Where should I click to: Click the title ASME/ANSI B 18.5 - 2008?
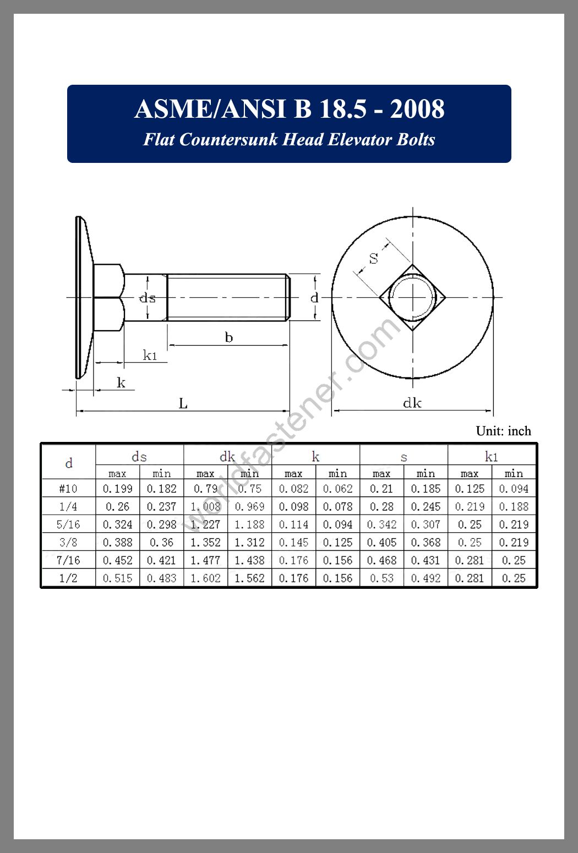coord(289,109)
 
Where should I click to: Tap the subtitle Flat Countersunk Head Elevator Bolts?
coord(289,140)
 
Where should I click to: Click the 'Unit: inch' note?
coord(503,431)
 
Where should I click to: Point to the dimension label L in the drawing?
coord(183,404)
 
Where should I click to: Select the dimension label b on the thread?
coord(229,337)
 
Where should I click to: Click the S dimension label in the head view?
coord(374,258)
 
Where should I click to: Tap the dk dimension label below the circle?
coord(412,403)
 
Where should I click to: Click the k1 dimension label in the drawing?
coord(150,356)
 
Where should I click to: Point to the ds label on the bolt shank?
coord(147,298)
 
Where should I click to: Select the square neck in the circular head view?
coord(412,297)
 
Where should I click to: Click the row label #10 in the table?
coord(68,489)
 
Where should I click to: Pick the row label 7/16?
coord(68,560)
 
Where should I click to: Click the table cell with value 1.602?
coord(205,578)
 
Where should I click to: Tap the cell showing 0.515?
coord(117,578)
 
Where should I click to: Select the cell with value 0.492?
coord(426,578)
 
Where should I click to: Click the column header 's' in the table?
coord(403,457)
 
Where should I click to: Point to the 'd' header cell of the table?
coord(68,463)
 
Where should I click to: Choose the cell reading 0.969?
coord(249,507)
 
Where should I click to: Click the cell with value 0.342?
coord(381,524)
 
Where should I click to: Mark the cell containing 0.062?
coord(337,489)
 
